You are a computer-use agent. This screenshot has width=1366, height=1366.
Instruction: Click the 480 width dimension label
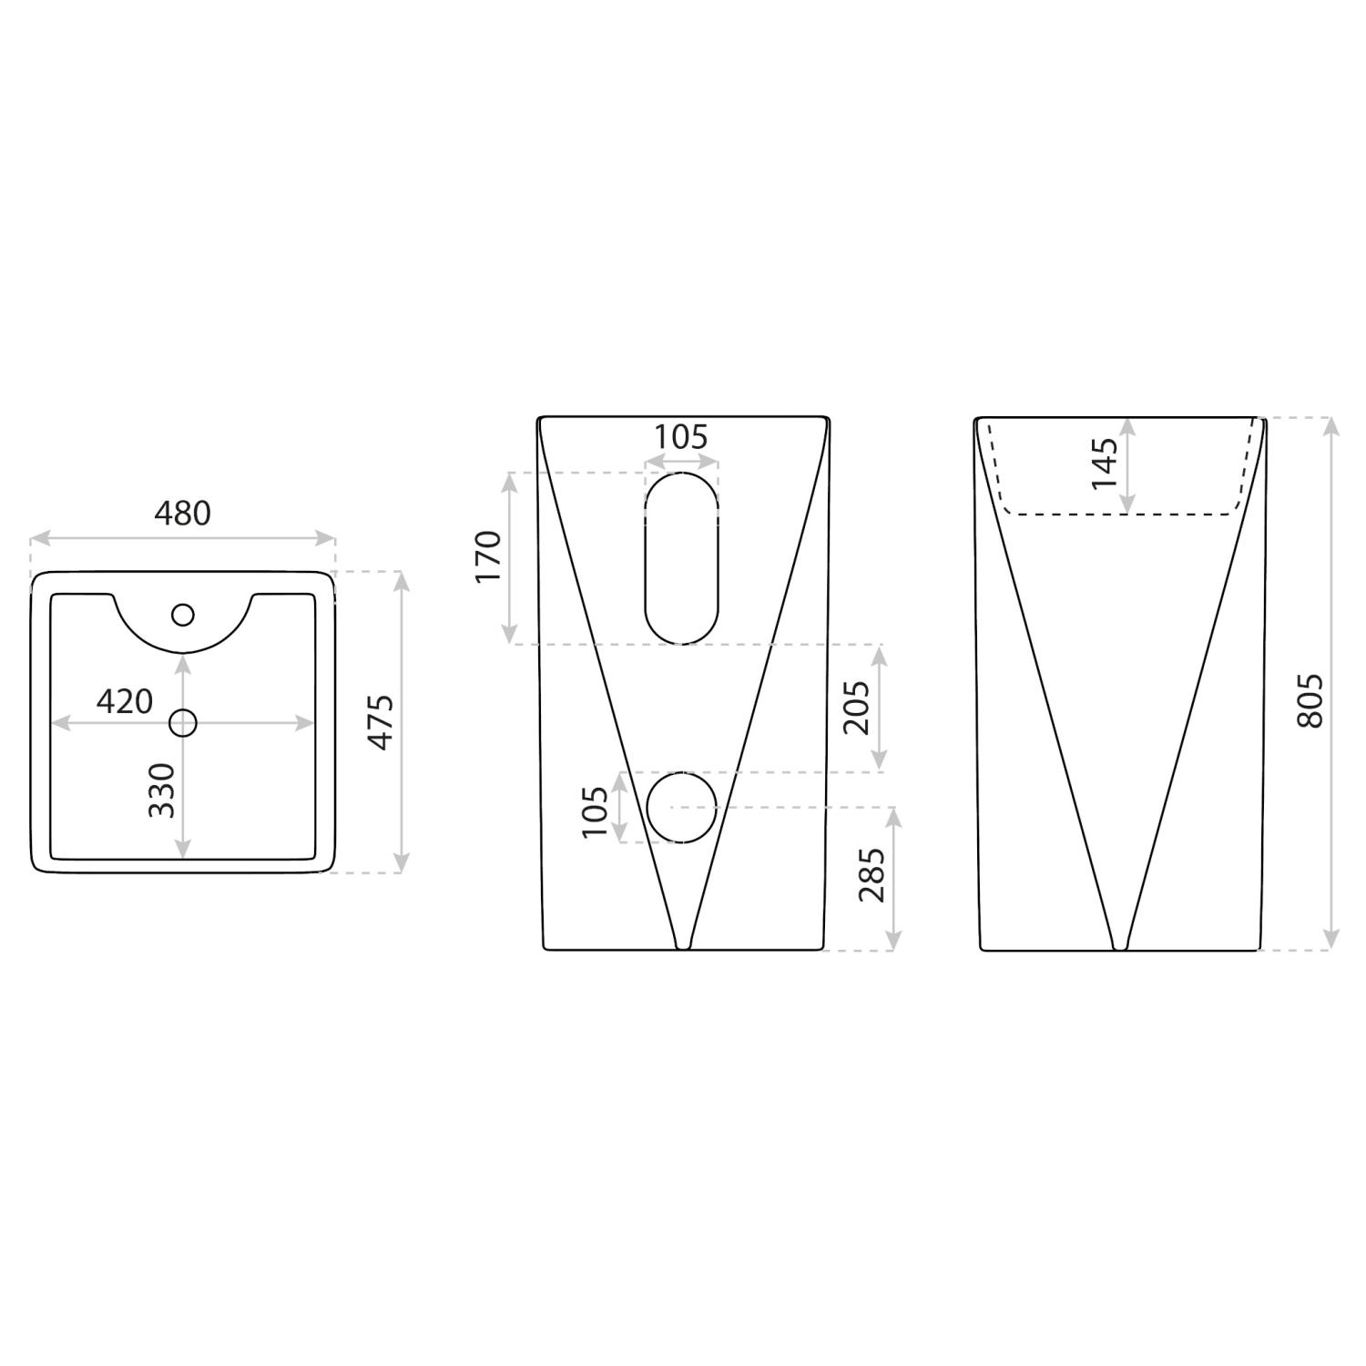(x=182, y=514)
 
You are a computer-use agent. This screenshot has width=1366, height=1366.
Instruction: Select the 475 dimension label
(x=381, y=722)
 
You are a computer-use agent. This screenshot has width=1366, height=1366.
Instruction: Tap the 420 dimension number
(x=125, y=701)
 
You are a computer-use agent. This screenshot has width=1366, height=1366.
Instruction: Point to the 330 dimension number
(x=161, y=790)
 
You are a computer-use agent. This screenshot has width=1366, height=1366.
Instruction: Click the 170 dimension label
(x=488, y=557)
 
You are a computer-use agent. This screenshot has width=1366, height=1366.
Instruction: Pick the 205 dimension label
(x=856, y=708)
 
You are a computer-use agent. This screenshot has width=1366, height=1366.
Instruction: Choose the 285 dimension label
(x=872, y=874)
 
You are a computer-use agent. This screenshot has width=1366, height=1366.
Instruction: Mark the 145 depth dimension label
(x=1104, y=464)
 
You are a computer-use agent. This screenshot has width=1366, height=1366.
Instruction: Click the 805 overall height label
(x=1308, y=701)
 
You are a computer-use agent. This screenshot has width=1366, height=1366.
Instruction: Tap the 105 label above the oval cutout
(x=681, y=437)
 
